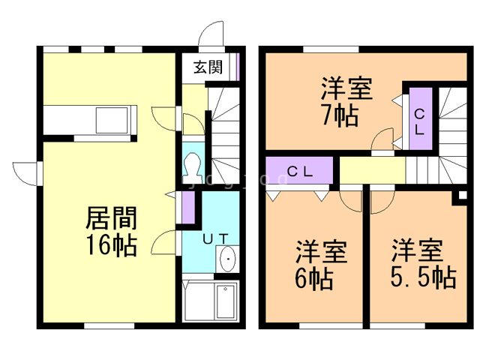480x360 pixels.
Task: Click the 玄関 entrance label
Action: point(208,67)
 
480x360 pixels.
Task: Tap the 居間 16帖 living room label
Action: point(111,232)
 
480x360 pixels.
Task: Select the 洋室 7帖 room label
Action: point(346,102)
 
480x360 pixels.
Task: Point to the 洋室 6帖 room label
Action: point(320,265)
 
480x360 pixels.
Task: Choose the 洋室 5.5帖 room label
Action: point(423,263)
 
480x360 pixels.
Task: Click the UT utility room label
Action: point(215,239)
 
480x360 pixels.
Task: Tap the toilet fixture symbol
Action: point(193,168)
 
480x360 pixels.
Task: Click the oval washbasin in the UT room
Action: point(228,259)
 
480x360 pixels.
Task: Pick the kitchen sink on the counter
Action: point(112,120)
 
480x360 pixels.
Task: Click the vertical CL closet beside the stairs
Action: point(421,118)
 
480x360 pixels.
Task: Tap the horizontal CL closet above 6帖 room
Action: point(299,170)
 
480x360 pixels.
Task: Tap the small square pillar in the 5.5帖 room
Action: point(463,195)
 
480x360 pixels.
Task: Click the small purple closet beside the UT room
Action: point(188,207)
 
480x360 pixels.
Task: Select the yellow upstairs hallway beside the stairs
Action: point(372,170)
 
